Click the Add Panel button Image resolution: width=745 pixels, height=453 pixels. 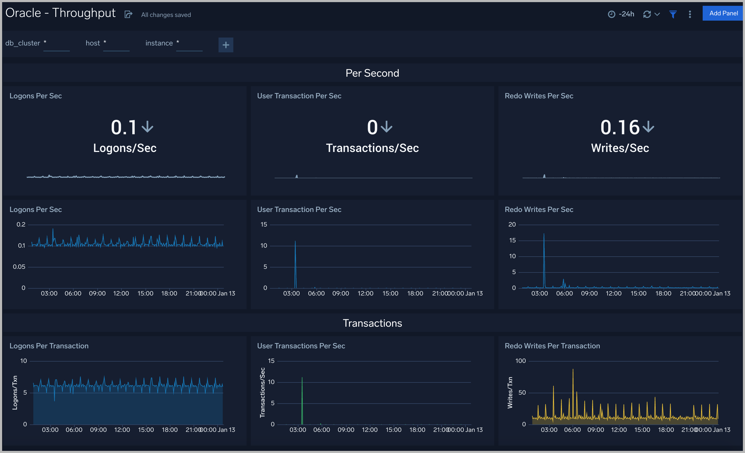point(723,13)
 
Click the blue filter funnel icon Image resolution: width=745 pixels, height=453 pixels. point(673,14)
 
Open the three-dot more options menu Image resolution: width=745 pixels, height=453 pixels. point(690,14)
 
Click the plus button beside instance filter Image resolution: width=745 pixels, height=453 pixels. point(226,45)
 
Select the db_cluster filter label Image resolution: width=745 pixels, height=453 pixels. point(23,43)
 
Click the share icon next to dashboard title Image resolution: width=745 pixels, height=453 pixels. point(129,14)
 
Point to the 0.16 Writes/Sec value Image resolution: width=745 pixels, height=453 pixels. point(620,127)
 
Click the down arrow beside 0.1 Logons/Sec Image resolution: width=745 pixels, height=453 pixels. point(148,127)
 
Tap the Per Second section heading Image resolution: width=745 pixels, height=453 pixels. point(372,73)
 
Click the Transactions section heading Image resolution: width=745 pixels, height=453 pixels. point(372,323)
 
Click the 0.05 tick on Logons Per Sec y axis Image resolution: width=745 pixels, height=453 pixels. point(19,267)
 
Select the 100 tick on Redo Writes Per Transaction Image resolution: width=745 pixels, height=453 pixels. point(520,361)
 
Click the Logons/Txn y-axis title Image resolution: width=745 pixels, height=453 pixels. point(15,392)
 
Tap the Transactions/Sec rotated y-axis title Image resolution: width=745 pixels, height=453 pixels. point(262,392)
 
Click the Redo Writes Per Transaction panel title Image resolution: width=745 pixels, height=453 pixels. point(552,346)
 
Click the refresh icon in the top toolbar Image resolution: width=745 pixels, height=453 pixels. point(647,14)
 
